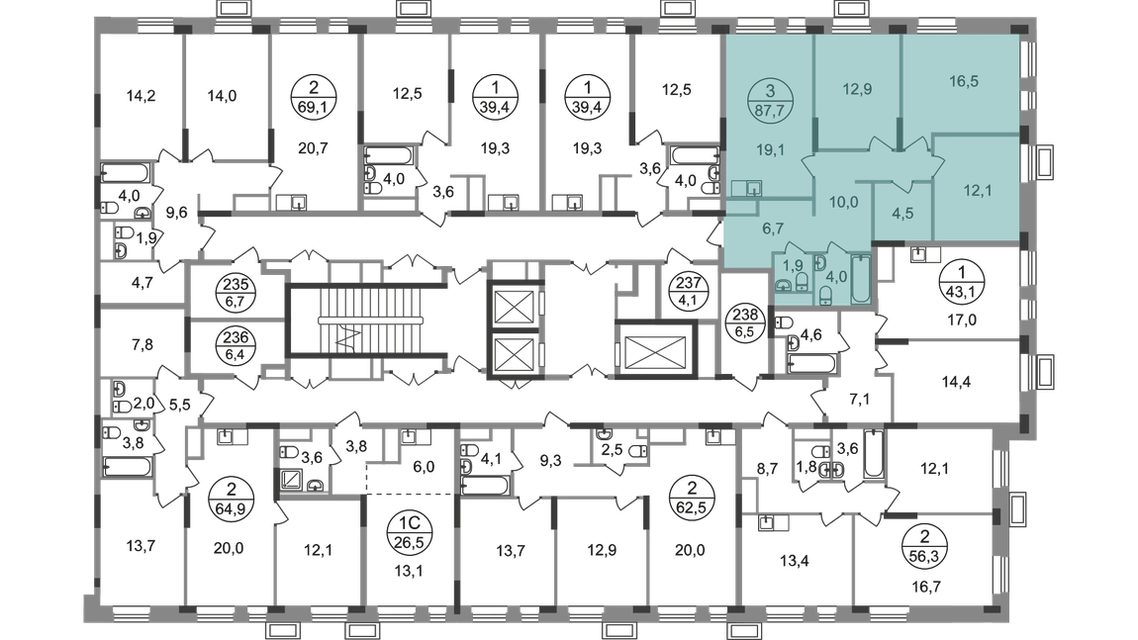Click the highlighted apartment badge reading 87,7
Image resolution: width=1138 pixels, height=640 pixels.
click(x=770, y=101)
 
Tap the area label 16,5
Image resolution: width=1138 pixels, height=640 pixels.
click(x=964, y=81)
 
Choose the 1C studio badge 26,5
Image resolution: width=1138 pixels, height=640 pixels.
click(x=410, y=532)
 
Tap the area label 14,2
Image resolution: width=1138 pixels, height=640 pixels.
click(x=141, y=96)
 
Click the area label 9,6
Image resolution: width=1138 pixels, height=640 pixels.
click(x=177, y=213)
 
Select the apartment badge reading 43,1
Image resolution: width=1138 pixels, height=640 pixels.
click(x=962, y=283)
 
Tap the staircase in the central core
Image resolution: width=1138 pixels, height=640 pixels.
click(x=361, y=320)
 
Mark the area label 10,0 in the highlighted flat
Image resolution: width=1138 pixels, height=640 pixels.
click(x=843, y=203)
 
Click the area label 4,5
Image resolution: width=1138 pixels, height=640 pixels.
click(x=902, y=214)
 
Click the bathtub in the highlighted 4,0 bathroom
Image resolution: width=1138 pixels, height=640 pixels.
click(x=861, y=277)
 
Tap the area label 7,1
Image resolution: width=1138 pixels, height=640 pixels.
click(x=859, y=399)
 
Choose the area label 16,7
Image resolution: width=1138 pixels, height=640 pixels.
click(x=926, y=587)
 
